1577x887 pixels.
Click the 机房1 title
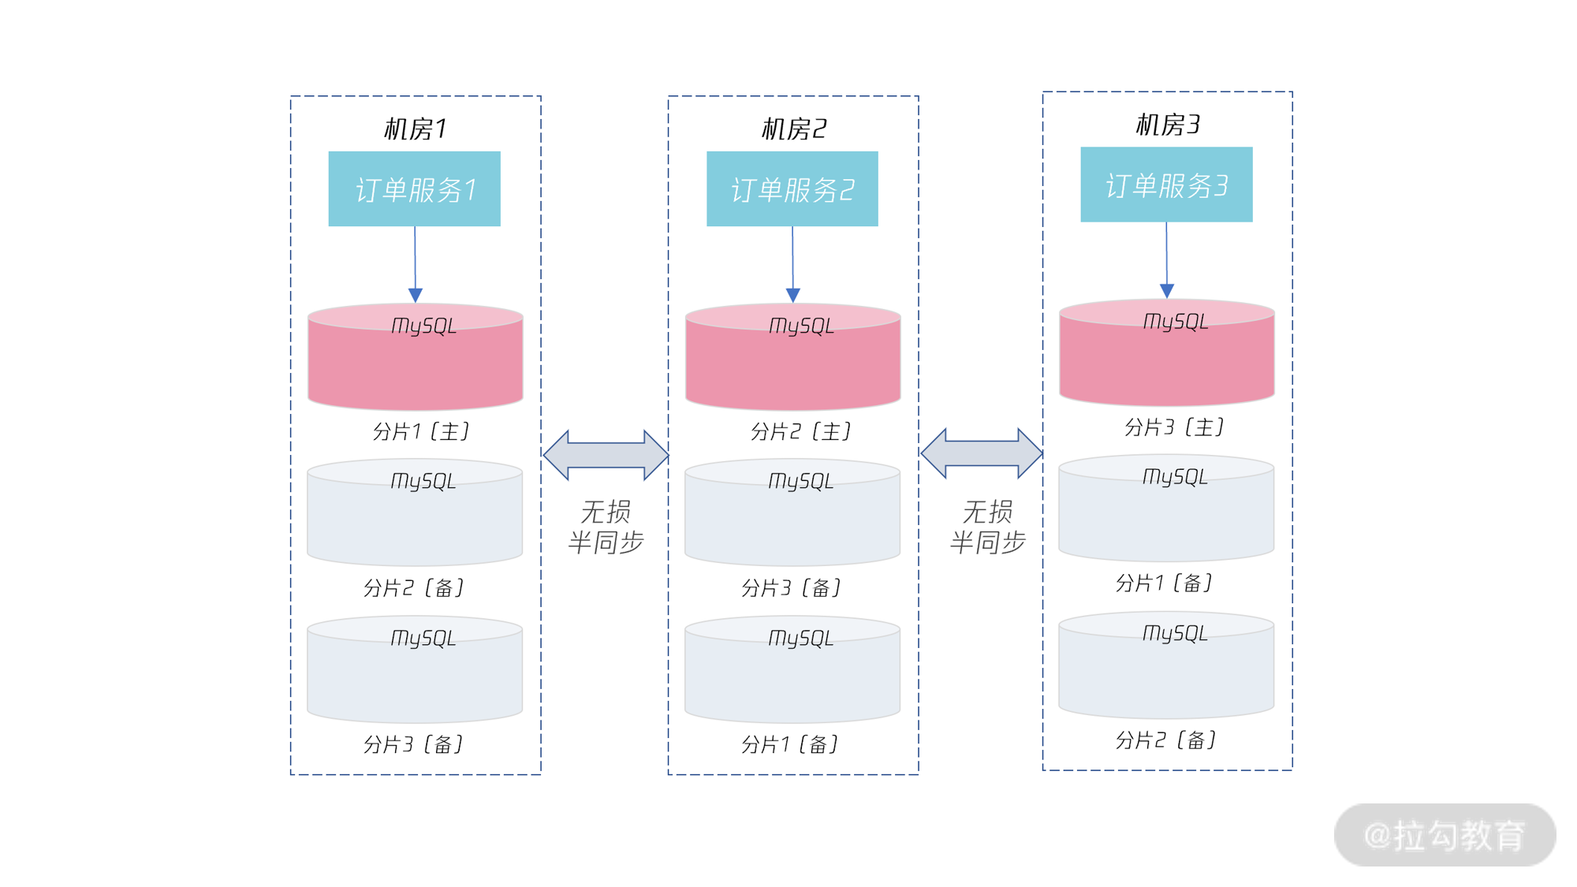click(x=415, y=128)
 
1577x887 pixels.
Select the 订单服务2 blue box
click(x=792, y=189)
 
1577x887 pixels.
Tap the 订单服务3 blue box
click(x=1165, y=184)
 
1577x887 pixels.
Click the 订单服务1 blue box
click(x=414, y=189)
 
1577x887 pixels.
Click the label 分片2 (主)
click(x=800, y=431)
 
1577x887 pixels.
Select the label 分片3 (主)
click(x=1173, y=427)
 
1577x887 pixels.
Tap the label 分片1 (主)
click(x=420, y=431)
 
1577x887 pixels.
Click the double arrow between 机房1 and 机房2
click(x=606, y=455)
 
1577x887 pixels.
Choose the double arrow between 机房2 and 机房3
click(x=982, y=453)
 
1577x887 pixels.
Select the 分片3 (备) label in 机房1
click(x=413, y=744)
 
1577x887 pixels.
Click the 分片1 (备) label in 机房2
click(x=790, y=744)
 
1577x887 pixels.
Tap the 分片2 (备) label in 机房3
click(x=1165, y=740)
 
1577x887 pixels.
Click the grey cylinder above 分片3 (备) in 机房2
click(x=792, y=516)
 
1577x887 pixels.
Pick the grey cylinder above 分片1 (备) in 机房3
click(x=1165, y=512)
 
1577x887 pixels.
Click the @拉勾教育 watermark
click(x=1444, y=835)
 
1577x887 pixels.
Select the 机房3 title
click(x=1167, y=124)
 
